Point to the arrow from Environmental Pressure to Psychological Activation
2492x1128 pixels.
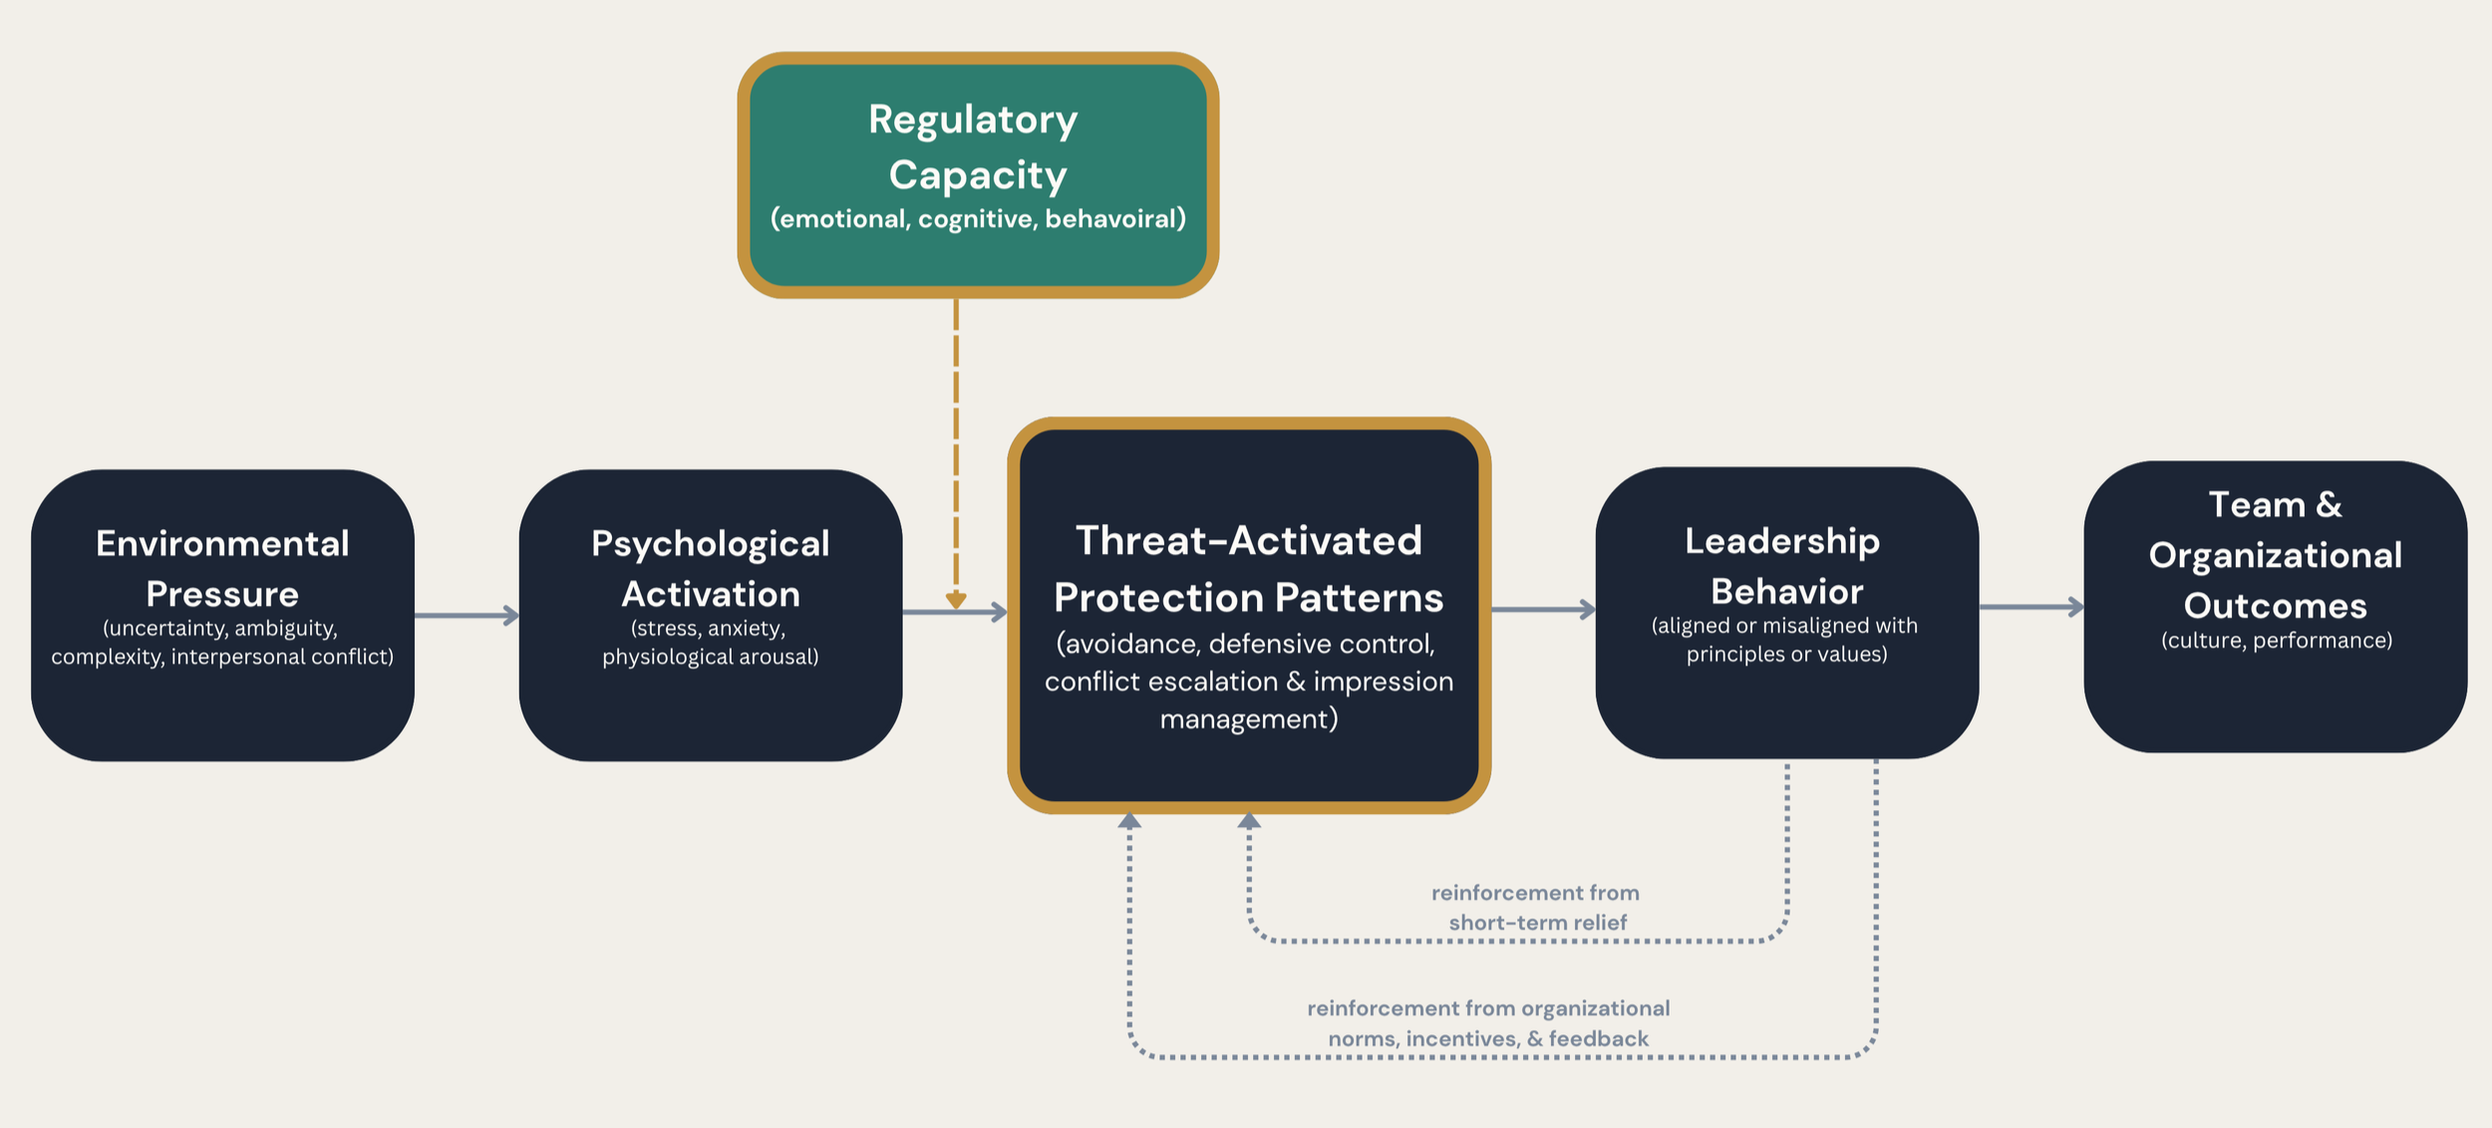(x=467, y=616)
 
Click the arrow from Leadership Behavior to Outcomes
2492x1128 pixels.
(x=2030, y=606)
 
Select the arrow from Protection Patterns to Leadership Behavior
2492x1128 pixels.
(x=1542, y=609)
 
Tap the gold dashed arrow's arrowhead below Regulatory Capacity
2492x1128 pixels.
(x=956, y=600)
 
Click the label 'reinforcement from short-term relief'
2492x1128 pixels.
(x=1536, y=907)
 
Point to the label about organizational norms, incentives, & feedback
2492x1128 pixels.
(x=1488, y=1023)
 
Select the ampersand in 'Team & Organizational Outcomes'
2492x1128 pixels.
(x=2330, y=505)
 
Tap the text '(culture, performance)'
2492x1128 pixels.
(x=2276, y=641)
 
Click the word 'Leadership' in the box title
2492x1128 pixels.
(x=1782, y=541)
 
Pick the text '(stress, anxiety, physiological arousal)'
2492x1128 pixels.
(x=710, y=643)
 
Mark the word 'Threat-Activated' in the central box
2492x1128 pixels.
(x=1248, y=541)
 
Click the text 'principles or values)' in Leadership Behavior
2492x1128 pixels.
(x=1786, y=655)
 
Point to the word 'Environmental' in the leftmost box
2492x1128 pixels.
(x=222, y=544)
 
